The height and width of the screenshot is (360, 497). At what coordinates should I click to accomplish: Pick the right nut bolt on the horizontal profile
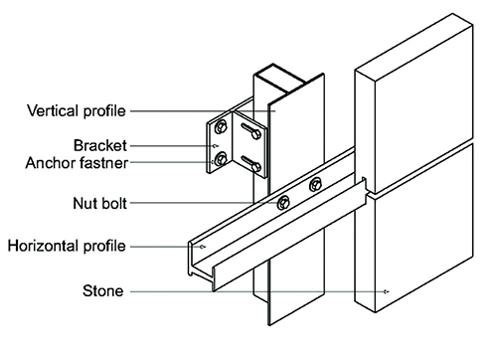coord(316,183)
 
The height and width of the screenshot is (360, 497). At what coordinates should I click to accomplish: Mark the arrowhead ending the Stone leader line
coord(386,291)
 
